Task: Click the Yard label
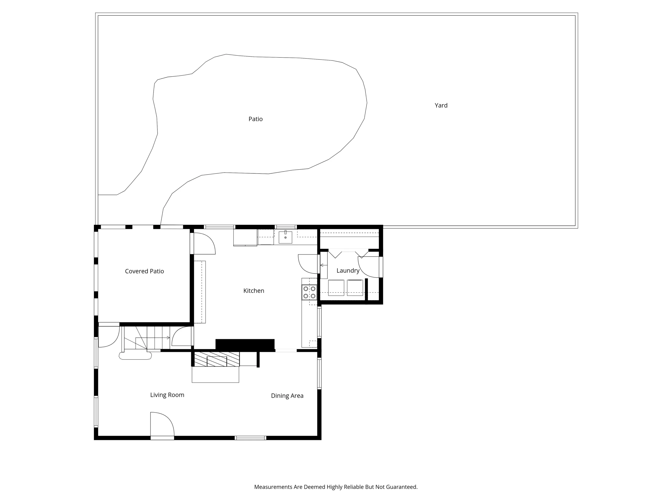[x=441, y=106]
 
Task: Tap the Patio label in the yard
[x=255, y=119]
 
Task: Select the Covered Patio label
[x=144, y=271]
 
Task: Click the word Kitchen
[x=254, y=291]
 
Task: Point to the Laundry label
[x=348, y=271]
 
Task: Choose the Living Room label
[x=167, y=395]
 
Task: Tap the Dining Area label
[x=287, y=396]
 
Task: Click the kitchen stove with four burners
[x=309, y=292]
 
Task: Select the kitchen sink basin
[x=285, y=237]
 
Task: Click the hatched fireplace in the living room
[x=217, y=359]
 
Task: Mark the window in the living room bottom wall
[x=250, y=438]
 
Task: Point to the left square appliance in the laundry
[x=336, y=288]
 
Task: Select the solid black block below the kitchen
[x=245, y=344]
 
